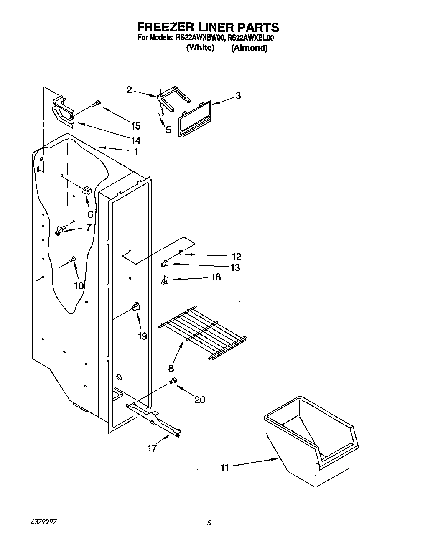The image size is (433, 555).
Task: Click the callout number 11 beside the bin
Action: coord(225,467)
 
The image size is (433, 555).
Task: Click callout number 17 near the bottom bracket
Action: coord(152,448)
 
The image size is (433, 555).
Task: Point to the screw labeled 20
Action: coord(172,381)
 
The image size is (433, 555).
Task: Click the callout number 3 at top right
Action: coord(238,96)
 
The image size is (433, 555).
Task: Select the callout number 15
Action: coord(135,126)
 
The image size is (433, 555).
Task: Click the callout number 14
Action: coord(135,140)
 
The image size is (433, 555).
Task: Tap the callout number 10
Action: coord(79,285)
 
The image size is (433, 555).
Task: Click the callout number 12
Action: coord(237,257)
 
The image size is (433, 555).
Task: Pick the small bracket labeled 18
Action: coord(164,280)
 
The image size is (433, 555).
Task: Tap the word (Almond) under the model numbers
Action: coord(250,48)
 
